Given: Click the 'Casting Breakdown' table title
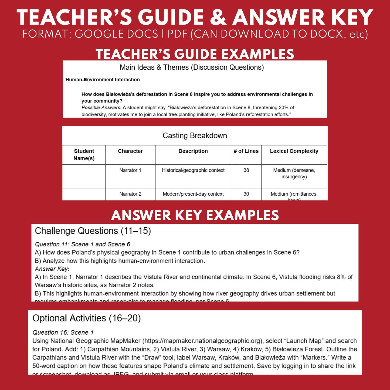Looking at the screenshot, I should tap(195, 135).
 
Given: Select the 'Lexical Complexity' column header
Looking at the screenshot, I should tap(294, 151).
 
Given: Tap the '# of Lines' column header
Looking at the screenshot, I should tap(246, 151).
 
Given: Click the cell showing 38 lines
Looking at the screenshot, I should tap(246, 170).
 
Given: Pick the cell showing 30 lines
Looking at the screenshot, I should tap(246, 194).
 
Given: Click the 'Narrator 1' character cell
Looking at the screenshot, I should tap(130, 170).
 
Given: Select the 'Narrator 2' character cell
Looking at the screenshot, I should tap(130, 194).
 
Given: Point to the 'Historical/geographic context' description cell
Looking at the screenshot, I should tap(193, 170).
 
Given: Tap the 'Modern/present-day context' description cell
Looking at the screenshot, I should tap(193, 194).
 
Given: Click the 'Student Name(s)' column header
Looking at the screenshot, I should tap(84, 155).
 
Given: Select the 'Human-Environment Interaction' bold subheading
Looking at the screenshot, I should tap(103, 80).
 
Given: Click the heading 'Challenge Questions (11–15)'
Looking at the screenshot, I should tap(93, 231).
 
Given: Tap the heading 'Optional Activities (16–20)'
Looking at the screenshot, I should tap(87, 318).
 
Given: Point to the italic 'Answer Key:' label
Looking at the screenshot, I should tap(52, 269).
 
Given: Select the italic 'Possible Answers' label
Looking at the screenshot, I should tap(101, 108).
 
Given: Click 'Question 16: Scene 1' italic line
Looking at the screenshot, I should tap(63, 333).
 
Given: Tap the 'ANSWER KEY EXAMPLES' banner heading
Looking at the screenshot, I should tap(195, 215).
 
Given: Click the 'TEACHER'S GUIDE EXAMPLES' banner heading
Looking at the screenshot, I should tap(195, 54).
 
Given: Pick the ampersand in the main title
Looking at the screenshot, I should tap(218, 18).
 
